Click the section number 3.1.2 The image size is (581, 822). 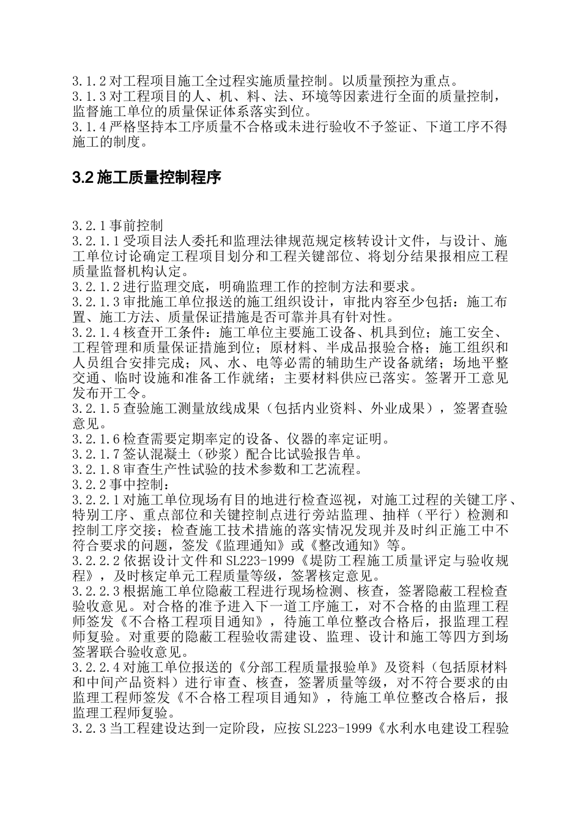(x=89, y=80)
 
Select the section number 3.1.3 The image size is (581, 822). (x=89, y=96)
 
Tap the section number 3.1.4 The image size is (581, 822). (x=89, y=127)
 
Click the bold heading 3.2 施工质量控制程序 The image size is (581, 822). (x=146, y=177)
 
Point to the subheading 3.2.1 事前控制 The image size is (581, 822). (x=116, y=224)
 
